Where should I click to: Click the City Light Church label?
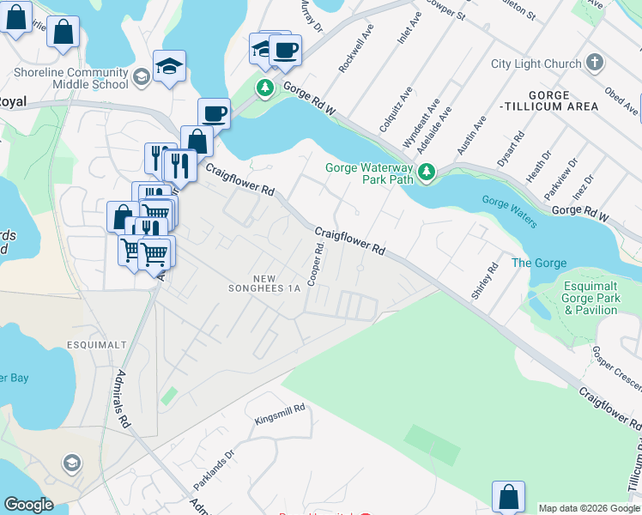(536, 64)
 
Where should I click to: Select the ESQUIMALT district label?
(96, 344)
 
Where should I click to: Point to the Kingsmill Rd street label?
(280, 415)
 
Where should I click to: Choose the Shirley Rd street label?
(484, 281)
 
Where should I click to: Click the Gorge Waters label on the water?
(509, 211)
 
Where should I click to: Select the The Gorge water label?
(534, 262)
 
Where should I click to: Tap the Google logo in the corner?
(28, 505)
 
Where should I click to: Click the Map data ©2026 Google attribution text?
(588, 508)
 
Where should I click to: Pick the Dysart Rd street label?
(510, 148)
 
